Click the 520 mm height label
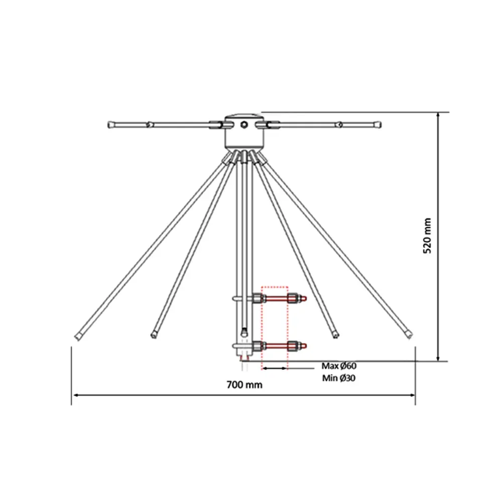(427, 235)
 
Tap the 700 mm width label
(244, 385)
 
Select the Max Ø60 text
(339, 365)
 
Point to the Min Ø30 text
(339, 378)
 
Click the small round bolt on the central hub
(244, 124)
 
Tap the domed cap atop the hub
(244, 115)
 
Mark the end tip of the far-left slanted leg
(78, 337)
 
